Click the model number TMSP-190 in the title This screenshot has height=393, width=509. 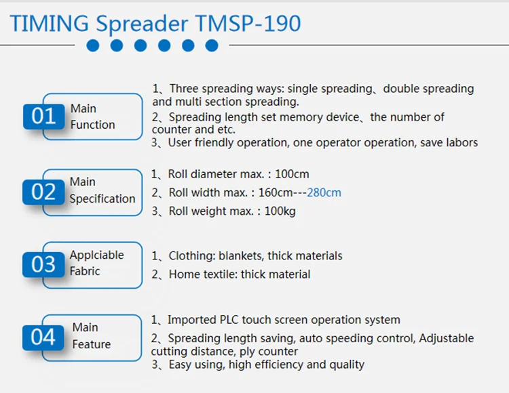(x=248, y=23)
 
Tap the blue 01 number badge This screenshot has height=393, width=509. (x=44, y=117)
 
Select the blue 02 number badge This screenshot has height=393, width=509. (x=43, y=192)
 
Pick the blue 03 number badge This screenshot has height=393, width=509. (x=43, y=264)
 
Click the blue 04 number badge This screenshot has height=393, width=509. (x=43, y=337)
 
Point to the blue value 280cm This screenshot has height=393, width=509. (x=324, y=192)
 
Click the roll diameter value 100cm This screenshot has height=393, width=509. (x=292, y=174)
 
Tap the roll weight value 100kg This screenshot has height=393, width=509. (x=280, y=211)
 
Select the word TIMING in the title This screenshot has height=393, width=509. (x=50, y=23)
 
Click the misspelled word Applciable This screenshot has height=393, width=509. (x=97, y=255)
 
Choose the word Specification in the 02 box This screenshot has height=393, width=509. (x=102, y=199)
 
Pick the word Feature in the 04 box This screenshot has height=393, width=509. (x=92, y=344)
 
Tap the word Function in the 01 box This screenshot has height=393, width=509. (x=93, y=125)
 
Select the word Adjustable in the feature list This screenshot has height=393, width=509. (x=447, y=338)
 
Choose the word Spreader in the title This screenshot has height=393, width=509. (x=142, y=24)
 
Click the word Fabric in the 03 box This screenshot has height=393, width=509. (x=85, y=271)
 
